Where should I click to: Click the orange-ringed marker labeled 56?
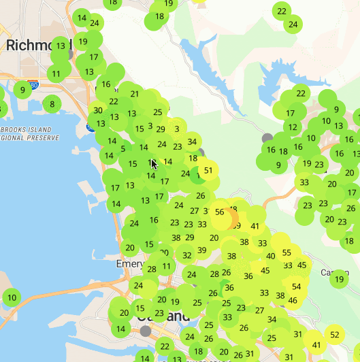point(220,212)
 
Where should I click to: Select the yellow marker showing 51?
point(209,170)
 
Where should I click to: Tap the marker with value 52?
point(334,334)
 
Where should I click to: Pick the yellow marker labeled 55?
point(287,252)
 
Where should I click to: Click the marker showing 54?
point(296,286)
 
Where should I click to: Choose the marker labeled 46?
point(293,300)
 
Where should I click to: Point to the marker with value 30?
point(98,111)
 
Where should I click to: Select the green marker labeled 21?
point(135,95)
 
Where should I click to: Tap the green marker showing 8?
point(52,104)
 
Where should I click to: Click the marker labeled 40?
point(271,256)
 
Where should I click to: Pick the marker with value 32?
point(187,256)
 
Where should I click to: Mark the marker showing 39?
point(202,250)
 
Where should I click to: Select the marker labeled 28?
point(152,269)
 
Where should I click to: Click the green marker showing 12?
point(293,127)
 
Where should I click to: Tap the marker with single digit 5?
point(123,149)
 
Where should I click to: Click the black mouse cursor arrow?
point(154,164)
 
